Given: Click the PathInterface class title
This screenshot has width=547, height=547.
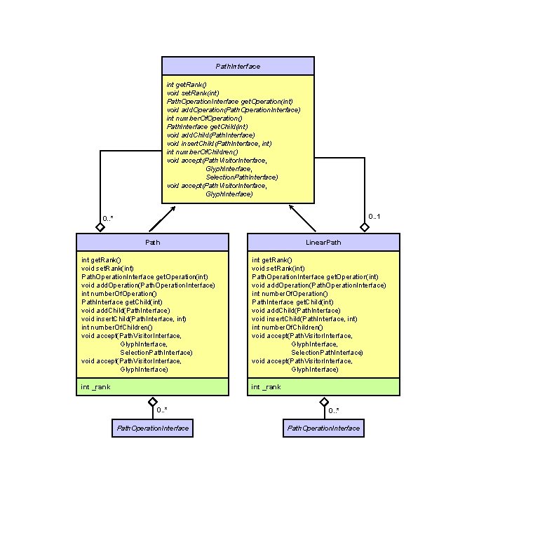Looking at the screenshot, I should tap(238, 66).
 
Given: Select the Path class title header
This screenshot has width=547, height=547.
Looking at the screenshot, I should tap(152, 242).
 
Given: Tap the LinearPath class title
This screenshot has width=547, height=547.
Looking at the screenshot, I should tap(323, 242).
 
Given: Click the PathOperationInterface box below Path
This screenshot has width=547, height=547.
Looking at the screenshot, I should tap(152, 428).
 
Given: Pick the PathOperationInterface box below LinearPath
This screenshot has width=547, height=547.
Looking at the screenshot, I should tap(323, 428).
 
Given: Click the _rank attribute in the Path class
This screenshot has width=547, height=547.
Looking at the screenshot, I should tap(96, 386).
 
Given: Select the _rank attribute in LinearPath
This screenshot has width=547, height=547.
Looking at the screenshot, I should tap(267, 386).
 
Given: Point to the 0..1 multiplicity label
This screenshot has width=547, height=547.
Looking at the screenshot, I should tap(374, 217).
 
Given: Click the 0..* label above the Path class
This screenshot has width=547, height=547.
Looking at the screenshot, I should tap(107, 219).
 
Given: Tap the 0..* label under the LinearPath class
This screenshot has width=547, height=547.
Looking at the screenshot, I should tap(334, 410).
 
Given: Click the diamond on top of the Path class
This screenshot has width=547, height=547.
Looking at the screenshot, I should tap(101, 227).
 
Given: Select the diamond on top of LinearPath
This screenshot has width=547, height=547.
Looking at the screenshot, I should tap(365, 227).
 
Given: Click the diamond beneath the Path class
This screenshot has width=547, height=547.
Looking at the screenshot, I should tap(152, 402).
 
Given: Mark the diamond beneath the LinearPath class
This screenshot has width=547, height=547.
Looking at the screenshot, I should tap(323, 402).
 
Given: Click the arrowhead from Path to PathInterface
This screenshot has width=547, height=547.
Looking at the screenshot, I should tap(173, 208).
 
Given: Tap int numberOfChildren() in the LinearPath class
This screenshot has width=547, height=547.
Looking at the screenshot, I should tap(287, 327).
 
